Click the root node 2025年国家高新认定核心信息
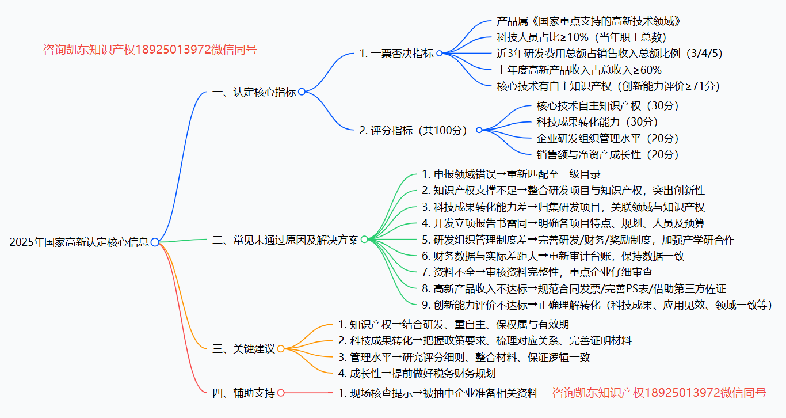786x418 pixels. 79,242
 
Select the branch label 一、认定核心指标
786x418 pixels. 254,92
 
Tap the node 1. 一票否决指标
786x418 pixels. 396,54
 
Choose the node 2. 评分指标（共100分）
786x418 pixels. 413,130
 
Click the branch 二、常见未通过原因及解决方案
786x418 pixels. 285,240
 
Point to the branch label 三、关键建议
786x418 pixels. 243,348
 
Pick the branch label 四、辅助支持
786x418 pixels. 243,393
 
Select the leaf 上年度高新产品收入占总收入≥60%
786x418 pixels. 579,70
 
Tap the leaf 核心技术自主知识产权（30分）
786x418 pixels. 608,106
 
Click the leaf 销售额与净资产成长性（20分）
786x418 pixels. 608,154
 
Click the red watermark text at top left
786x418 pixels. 150,50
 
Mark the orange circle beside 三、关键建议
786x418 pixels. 281,348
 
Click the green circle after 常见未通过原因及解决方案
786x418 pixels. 364,240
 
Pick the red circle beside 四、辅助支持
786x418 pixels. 281,393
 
